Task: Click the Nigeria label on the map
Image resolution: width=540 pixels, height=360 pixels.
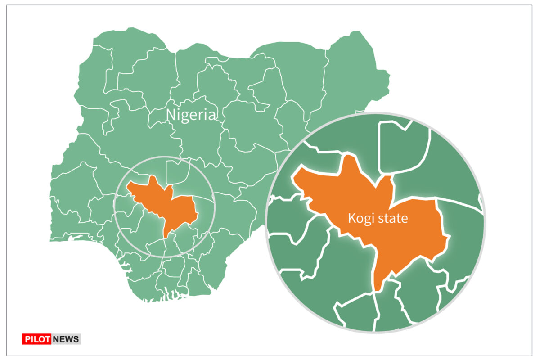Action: [x=191, y=115]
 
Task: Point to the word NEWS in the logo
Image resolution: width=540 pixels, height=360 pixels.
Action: [x=66, y=339]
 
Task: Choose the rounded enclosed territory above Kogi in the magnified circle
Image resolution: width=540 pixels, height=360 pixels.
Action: [x=402, y=146]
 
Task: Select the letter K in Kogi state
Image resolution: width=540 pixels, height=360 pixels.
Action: [x=351, y=219]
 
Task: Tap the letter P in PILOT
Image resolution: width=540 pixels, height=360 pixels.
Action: [x=26, y=339]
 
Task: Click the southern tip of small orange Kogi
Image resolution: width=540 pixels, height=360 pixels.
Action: [x=166, y=236]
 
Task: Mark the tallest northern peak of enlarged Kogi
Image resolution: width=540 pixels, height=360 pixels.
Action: [x=347, y=157]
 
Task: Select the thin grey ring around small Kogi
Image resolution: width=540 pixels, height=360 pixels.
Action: [x=165, y=156]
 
